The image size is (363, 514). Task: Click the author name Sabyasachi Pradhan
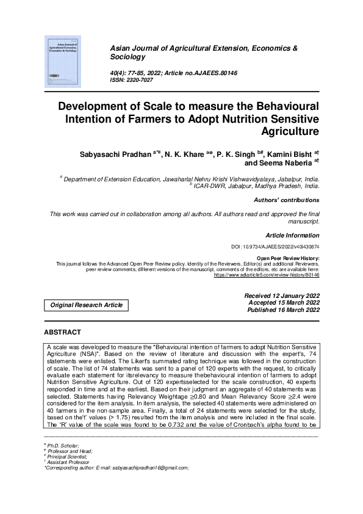tap(117, 153)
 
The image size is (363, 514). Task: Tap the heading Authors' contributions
tap(286, 200)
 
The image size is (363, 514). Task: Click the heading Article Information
tap(292, 235)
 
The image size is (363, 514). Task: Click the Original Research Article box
tap(86, 305)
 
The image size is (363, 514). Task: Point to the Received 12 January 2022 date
tap(273, 295)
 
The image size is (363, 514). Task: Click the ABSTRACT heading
tap(62, 333)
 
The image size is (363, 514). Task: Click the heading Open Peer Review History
tap(289, 259)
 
